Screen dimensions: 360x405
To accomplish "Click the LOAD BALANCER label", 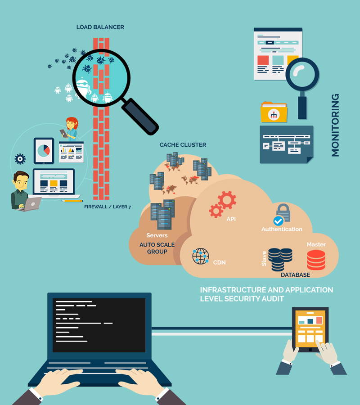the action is pyautogui.click(x=100, y=27).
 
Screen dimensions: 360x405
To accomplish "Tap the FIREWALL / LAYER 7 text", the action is pyautogui.click(x=108, y=207).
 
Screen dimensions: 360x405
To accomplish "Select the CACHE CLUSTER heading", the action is pyautogui.click(x=183, y=144).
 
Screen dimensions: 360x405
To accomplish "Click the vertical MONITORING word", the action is pyautogui.click(x=335, y=125).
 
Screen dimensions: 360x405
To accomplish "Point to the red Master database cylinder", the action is pyautogui.click(x=316, y=260).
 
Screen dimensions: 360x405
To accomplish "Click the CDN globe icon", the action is pyautogui.click(x=200, y=256).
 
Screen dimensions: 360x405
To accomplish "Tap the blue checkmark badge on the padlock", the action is pyautogui.click(x=278, y=221).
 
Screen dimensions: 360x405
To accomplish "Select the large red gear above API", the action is pyautogui.click(x=227, y=200).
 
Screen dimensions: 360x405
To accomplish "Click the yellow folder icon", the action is pyautogui.click(x=274, y=112).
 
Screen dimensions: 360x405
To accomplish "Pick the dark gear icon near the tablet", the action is pyautogui.click(x=20, y=159).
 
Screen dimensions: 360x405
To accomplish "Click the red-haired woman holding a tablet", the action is pyautogui.click(x=70, y=128).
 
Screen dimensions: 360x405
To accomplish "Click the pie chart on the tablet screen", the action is pyautogui.click(x=44, y=150).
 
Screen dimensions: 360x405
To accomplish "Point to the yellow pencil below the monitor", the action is pyautogui.click(x=72, y=201).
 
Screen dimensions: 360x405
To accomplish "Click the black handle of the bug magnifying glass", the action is pyautogui.click(x=140, y=117).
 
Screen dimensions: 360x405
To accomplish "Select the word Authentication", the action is pyautogui.click(x=282, y=229).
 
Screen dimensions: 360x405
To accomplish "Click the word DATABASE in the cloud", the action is pyautogui.click(x=296, y=275).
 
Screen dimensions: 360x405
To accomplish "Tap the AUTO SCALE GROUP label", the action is pyautogui.click(x=157, y=248).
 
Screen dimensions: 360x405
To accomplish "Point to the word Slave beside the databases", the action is pyautogui.click(x=264, y=259).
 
